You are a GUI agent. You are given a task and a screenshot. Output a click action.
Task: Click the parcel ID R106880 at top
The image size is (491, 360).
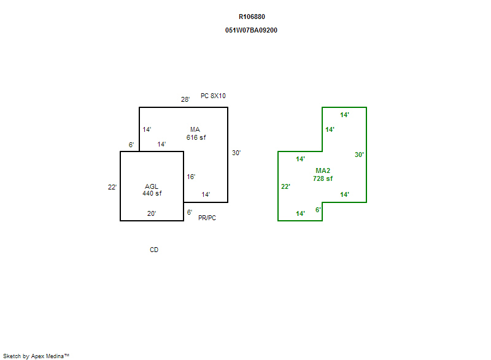point(252,17)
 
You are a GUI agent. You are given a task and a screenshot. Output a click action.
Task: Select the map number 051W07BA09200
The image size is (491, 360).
point(252,30)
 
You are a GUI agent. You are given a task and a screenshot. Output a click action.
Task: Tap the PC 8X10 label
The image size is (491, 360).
point(213,96)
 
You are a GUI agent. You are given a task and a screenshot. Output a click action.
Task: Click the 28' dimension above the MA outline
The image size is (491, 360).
point(185,99)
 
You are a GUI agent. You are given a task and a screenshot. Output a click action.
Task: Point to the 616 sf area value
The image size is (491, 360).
point(196,138)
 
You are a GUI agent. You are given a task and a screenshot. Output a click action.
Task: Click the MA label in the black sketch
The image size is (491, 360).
point(195,129)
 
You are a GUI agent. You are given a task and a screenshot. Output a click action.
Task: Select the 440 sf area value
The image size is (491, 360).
point(152,194)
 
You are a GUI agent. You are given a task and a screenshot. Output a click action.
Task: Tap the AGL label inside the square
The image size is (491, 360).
point(152,186)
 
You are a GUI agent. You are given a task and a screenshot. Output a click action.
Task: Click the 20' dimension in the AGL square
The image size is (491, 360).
point(152,214)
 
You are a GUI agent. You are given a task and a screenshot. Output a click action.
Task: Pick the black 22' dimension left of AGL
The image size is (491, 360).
point(112,187)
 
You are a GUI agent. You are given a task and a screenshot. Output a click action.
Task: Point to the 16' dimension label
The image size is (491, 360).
point(191,177)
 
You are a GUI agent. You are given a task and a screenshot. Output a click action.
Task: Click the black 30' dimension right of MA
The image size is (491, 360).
point(236,153)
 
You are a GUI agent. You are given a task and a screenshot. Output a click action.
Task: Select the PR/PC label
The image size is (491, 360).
point(207,218)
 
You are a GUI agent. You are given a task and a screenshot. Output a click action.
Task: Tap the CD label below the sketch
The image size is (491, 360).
point(154,250)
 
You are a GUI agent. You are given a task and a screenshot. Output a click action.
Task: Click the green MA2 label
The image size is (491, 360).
point(323,170)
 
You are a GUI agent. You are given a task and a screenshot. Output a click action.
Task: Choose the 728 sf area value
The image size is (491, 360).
point(323,178)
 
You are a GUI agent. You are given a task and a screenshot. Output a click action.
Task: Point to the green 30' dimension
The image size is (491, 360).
point(359,155)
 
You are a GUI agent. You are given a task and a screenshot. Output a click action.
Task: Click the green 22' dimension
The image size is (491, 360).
point(285,186)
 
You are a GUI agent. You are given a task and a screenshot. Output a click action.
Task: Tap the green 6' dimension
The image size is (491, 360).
point(318,210)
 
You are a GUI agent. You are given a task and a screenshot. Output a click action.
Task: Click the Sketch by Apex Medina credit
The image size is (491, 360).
point(36,356)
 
